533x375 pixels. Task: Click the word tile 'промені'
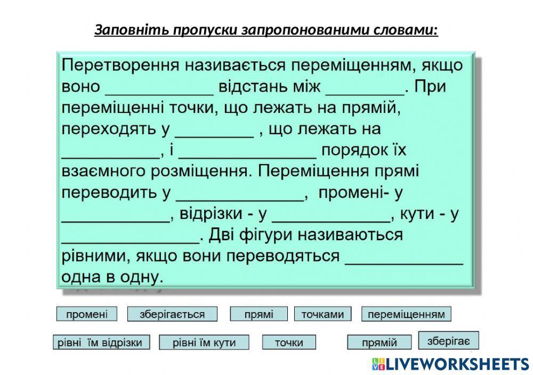click(x=86, y=314)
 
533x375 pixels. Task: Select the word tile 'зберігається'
click(x=172, y=314)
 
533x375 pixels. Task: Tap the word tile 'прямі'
click(x=259, y=314)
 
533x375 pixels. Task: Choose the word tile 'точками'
click(x=323, y=314)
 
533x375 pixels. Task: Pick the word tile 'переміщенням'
click(x=406, y=314)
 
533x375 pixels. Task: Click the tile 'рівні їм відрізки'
click(x=101, y=343)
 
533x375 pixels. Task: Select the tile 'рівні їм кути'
click(x=204, y=343)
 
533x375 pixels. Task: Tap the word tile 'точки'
click(x=289, y=343)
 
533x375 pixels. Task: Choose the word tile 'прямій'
click(x=379, y=343)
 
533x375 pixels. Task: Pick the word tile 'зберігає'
click(x=448, y=340)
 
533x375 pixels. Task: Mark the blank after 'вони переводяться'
click(x=404, y=257)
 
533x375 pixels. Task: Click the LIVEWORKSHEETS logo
click(x=450, y=364)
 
